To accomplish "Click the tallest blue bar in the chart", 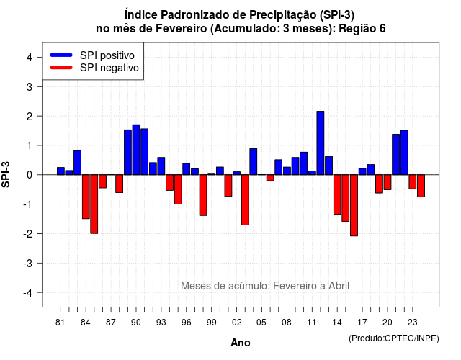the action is pos(321,143).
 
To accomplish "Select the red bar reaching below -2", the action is pos(354,205).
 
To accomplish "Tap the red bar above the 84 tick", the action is pos(86,197).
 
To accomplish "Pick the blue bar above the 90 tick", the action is pos(136,150).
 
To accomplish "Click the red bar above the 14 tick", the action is pos(337,194).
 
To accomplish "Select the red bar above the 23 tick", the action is pos(413,181).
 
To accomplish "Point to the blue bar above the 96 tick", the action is pos(187,169).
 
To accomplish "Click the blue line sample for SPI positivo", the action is pos(61,55).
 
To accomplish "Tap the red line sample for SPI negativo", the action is pos(61,68).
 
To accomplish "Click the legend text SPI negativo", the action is pos(109,68).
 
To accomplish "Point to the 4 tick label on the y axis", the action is pos(30,58).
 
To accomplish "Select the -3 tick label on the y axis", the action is pos(27,263).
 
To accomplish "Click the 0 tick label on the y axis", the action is pos(30,175).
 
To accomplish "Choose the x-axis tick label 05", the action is pos(261,323).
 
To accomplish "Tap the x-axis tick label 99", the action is pos(211,323).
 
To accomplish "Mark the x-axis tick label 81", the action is pos(61,323).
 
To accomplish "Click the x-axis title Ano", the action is pos(241,343).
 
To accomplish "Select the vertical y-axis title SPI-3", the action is pos(6,174).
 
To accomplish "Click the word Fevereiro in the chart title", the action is pos(181,29).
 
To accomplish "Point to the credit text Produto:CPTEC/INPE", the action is pos(394,338).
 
